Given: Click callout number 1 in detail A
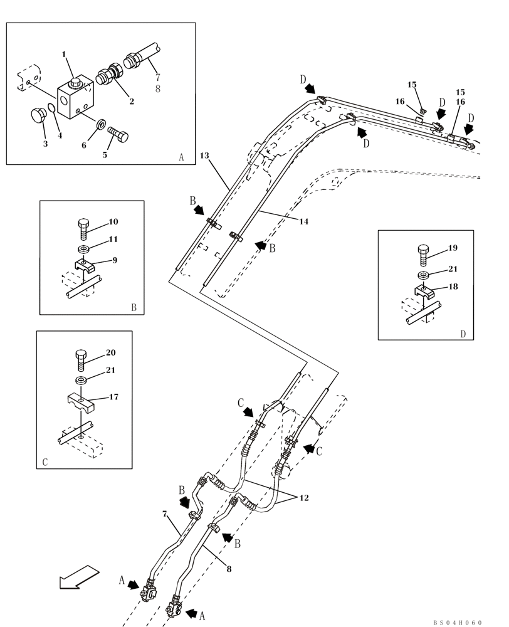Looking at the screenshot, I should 63,55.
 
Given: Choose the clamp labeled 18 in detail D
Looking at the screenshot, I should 426,292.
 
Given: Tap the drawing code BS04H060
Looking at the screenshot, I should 457,623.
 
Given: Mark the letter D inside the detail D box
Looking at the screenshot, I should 463,334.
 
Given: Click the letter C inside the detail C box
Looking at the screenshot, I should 45,462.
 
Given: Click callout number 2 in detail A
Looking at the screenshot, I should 132,101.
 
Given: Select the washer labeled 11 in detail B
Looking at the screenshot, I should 85,248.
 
